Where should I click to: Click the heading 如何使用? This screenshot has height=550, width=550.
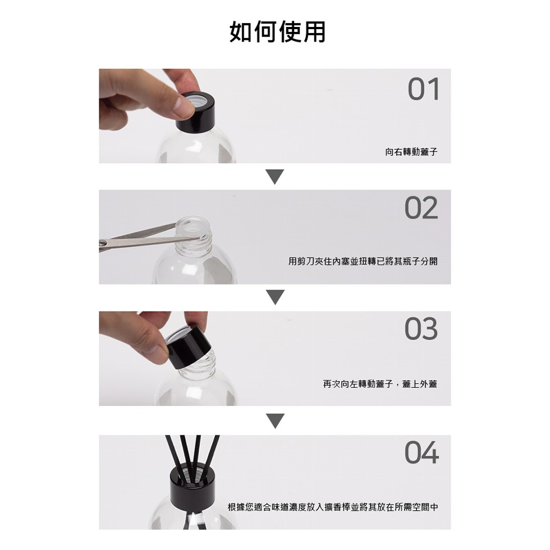[277, 31]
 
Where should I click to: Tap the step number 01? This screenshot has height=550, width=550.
[423, 89]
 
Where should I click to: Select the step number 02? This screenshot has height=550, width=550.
[421, 208]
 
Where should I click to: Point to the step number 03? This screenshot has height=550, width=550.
[421, 329]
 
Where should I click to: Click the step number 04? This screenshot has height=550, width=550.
[421, 452]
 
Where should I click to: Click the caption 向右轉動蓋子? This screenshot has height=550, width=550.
[411, 152]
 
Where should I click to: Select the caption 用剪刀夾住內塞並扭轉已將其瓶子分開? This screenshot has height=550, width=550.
[363, 262]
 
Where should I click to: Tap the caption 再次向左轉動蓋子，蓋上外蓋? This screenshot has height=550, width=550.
[381, 384]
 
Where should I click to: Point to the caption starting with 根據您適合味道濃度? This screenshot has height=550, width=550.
[333, 507]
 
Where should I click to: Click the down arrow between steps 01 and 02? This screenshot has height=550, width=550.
[275, 176]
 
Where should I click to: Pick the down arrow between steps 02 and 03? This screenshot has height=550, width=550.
[275, 297]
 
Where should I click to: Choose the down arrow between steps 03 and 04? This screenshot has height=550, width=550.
[275, 421]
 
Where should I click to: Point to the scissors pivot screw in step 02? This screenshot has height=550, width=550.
[103, 242]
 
